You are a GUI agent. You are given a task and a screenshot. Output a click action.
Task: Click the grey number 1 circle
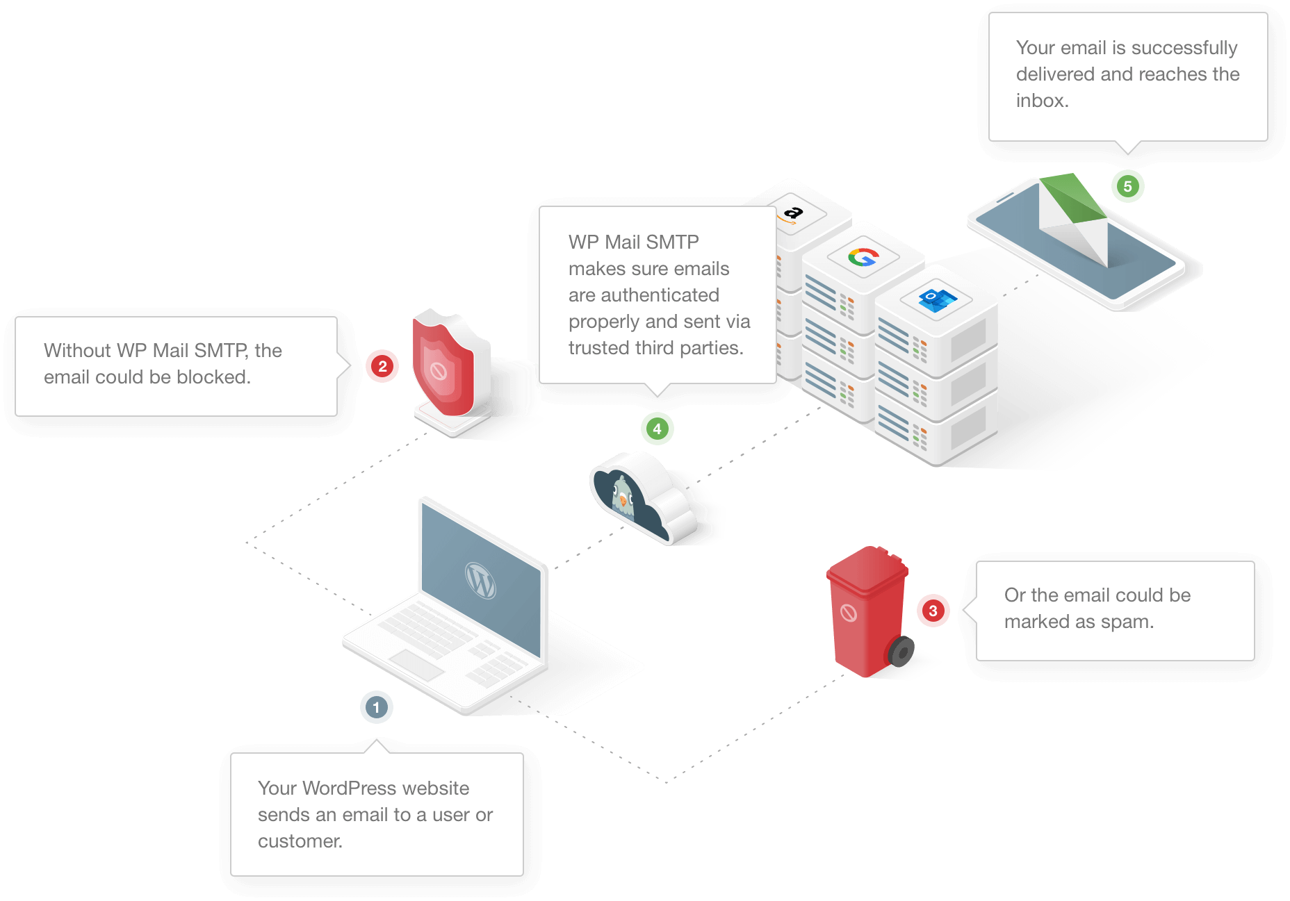[376, 707]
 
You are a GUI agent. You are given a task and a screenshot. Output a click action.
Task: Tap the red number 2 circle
[382, 366]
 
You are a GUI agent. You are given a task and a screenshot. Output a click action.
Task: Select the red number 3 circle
[933, 611]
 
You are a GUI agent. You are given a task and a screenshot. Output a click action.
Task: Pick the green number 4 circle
[657, 429]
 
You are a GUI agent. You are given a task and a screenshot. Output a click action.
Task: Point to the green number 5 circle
[1127, 186]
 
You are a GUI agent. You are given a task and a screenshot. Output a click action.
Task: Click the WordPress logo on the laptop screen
[480, 580]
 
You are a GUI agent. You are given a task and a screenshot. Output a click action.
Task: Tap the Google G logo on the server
[863, 257]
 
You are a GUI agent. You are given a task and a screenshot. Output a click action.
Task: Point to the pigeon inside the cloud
[623, 496]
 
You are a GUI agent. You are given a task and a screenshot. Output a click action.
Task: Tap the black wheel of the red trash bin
[901, 652]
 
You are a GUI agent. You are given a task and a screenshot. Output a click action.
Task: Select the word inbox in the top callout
[1041, 101]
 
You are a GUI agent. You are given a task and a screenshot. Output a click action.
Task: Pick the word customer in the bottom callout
[300, 841]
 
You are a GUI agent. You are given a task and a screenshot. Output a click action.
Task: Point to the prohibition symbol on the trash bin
[849, 613]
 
